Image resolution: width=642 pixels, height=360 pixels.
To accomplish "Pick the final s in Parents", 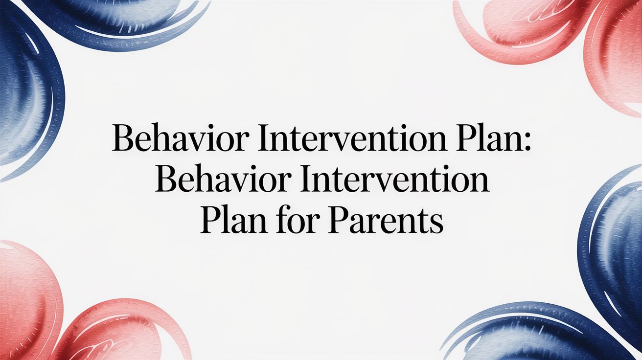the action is pyautogui.click(x=437, y=225).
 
